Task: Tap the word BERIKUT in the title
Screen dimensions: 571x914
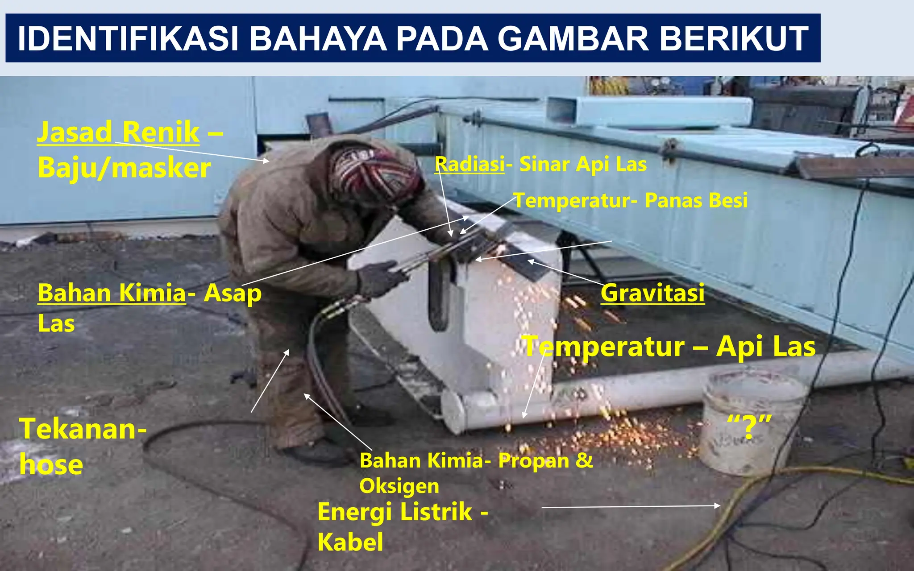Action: [x=734, y=38]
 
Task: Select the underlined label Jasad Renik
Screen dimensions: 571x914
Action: [x=118, y=132]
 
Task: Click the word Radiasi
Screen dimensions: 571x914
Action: [x=469, y=164]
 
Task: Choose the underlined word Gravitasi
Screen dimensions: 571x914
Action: [x=652, y=293]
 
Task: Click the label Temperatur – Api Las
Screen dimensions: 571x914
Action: [x=669, y=347]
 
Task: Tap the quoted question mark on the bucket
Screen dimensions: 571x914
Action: [x=749, y=426]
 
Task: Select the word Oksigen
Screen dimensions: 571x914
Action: [x=399, y=486]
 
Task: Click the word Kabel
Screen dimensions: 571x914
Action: [x=350, y=542]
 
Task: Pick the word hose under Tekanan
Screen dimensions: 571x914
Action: [x=51, y=465]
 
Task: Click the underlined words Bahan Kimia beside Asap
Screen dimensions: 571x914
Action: [x=112, y=293]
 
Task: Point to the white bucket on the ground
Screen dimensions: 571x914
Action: [x=752, y=424]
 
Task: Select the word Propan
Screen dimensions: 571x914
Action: [x=533, y=460]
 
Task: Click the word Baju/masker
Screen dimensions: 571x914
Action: [x=124, y=168]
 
